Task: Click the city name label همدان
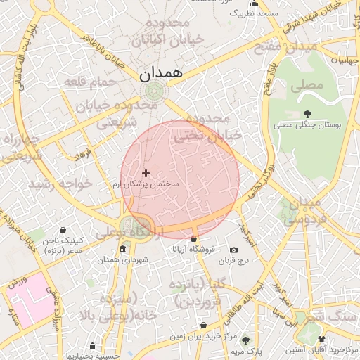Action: [x=161, y=72]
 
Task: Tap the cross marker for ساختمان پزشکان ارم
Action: [x=146, y=173]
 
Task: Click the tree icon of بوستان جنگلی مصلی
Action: [x=307, y=114]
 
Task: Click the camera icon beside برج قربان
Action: [x=233, y=250]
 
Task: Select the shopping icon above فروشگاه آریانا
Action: [x=194, y=239]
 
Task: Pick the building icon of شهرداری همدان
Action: [x=123, y=250]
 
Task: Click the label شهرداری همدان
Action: [x=125, y=261]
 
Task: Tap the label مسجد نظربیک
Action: [x=255, y=13]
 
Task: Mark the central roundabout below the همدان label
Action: [x=153, y=91]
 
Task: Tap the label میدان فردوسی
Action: [x=304, y=211]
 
